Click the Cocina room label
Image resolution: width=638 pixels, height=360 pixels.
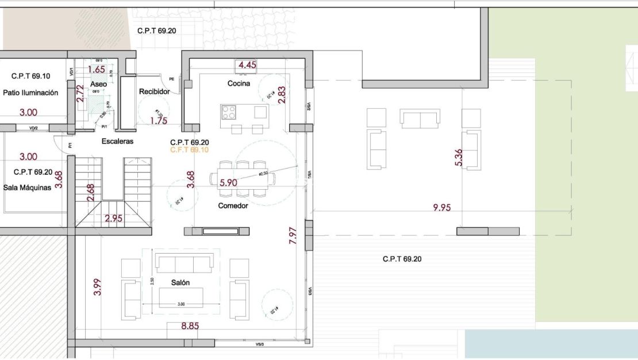[x=239, y=83]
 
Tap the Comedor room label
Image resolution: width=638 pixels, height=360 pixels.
[x=233, y=205]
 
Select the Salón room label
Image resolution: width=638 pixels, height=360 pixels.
[x=180, y=282]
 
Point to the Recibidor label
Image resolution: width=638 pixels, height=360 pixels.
[x=154, y=91]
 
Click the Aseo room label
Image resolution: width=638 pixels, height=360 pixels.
[x=99, y=84]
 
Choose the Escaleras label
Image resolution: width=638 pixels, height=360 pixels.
[x=117, y=141]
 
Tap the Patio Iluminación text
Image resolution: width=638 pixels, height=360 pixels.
[x=30, y=93]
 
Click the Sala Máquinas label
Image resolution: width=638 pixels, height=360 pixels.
[x=28, y=187]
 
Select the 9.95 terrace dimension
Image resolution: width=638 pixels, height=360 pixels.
[x=441, y=208]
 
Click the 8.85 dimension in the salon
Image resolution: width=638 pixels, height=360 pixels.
[x=190, y=327]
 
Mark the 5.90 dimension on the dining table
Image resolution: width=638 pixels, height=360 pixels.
[x=228, y=183]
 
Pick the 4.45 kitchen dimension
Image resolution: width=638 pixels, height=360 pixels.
[x=247, y=65]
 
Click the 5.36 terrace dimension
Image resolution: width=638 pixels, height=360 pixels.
[x=458, y=158]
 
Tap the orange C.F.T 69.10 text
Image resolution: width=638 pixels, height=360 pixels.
[x=190, y=150]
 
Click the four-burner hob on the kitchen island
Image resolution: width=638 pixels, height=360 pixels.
[x=229, y=112]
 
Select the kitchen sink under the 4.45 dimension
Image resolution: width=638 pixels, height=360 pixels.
[x=247, y=72]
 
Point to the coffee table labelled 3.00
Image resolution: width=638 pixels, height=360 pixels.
[x=180, y=296]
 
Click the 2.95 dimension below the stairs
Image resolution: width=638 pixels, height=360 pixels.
[x=113, y=219]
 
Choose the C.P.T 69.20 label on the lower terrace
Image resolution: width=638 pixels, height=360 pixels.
[x=402, y=259]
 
